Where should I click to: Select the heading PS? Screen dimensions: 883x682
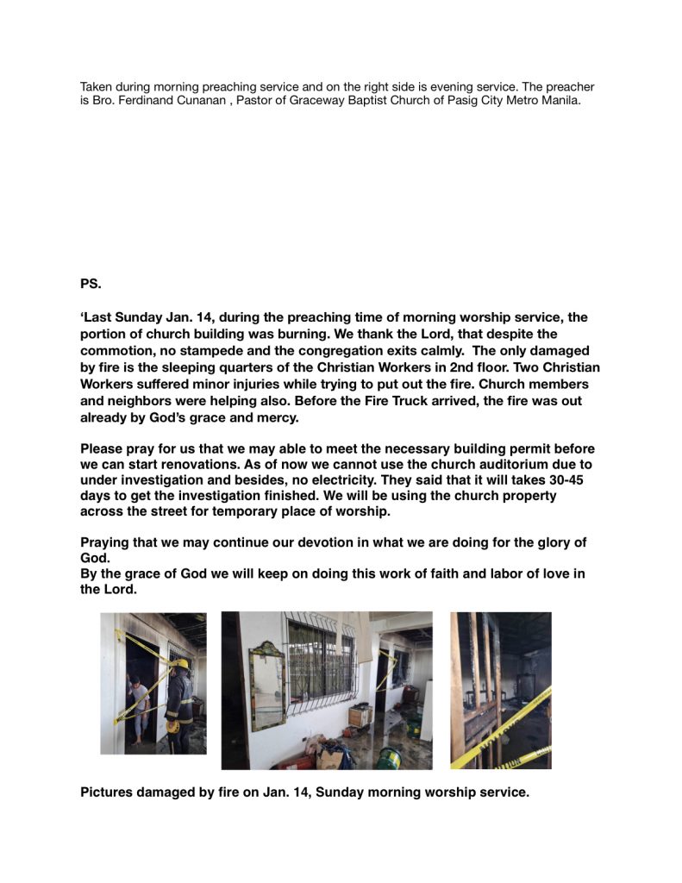pos(91,282)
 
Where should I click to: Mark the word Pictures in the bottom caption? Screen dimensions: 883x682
pos(109,792)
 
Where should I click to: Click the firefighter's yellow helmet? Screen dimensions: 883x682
pos(181,665)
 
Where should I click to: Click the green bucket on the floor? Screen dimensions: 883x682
pos(389,757)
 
